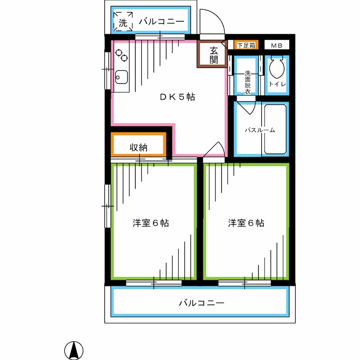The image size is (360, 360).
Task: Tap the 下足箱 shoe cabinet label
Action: (x=246, y=45)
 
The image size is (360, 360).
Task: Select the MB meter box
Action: (x=276, y=45)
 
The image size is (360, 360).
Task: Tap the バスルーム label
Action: (x=259, y=130)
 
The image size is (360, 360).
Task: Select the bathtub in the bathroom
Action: (x=275, y=130)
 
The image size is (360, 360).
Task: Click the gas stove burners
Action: (x=121, y=55)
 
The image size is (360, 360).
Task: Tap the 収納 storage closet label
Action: (x=139, y=147)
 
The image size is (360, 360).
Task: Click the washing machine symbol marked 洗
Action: (x=123, y=22)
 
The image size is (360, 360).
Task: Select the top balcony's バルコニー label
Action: (x=162, y=21)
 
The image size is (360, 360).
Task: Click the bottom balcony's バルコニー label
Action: (x=201, y=303)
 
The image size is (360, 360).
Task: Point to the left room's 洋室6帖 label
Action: (x=151, y=223)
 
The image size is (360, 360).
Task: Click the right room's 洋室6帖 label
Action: (x=246, y=223)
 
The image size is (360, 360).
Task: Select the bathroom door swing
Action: (x=247, y=108)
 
